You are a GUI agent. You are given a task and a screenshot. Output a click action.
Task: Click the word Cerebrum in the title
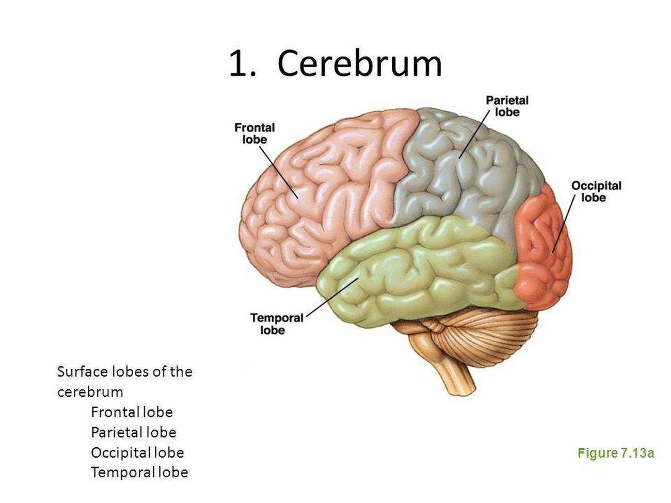coord(360,64)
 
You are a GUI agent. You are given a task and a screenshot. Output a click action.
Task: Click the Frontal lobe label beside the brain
coord(254,133)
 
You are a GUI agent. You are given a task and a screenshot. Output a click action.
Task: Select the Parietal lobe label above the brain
coord(507,106)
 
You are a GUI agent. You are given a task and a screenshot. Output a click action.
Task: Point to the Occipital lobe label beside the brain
coord(596,191)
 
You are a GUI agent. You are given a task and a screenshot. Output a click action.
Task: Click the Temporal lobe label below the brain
coord(277,323)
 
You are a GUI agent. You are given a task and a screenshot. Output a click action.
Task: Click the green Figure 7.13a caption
coord(615,453)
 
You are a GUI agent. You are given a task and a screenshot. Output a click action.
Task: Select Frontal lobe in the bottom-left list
coord(132,412)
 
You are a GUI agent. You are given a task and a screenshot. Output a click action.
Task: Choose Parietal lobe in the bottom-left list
coord(133,432)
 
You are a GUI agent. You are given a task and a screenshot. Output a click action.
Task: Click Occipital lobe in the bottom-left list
coord(137,452)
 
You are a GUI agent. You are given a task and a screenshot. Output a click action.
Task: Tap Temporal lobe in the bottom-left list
coord(139,472)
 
